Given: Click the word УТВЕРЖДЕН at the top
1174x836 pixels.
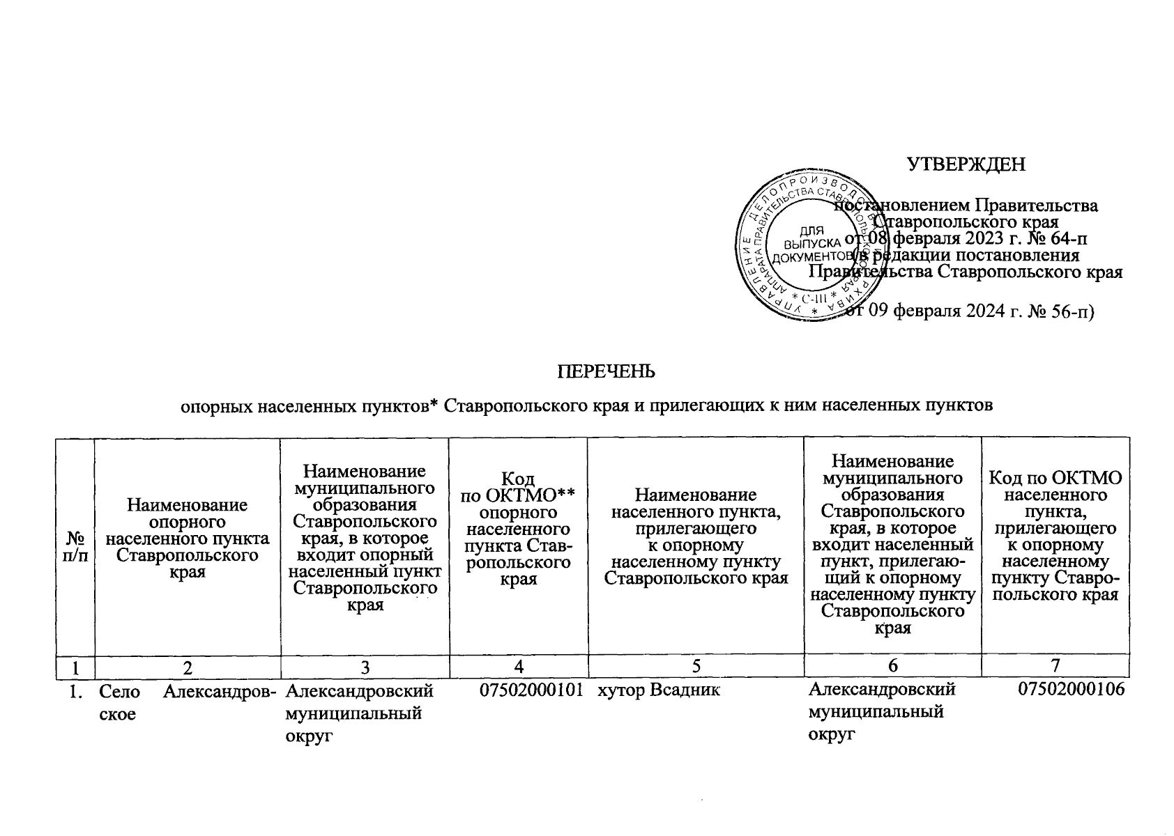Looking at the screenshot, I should pyautogui.click(x=966, y=164).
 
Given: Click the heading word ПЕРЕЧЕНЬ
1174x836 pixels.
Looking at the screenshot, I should pyautogui.click(x=605, y=371).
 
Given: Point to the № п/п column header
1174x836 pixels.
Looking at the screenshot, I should pyautogui.click(x=76, y=547).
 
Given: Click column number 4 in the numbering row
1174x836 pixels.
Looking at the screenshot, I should pyautogui.click(x=518, y=667).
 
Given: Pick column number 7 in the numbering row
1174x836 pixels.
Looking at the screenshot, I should pyautogui.click(x=1055, y=667).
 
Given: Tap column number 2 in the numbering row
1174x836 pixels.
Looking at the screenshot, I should pyautogui.click(x=187, y=667).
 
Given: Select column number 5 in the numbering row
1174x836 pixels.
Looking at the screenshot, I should pyautogui.click(x=695, y=667).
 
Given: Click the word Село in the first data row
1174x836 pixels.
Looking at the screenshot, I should pyautogui.click(x=120, y=691).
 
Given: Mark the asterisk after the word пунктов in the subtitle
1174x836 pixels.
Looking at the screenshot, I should pyautogui.click(x=432, y=403).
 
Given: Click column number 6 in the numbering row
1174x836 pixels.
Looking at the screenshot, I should pyautogui.click(x=892, y=667).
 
